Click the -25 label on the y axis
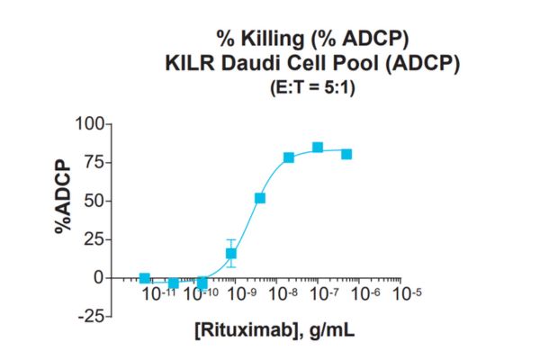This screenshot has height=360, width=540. tap(89, 316)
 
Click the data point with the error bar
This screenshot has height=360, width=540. tap(231, 254)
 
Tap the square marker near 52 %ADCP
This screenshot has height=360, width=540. tap(260, 198)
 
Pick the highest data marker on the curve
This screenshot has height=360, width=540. tap(318, 148)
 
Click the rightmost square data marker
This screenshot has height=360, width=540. tap(346, 154)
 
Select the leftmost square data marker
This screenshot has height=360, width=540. tap(145, 279)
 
